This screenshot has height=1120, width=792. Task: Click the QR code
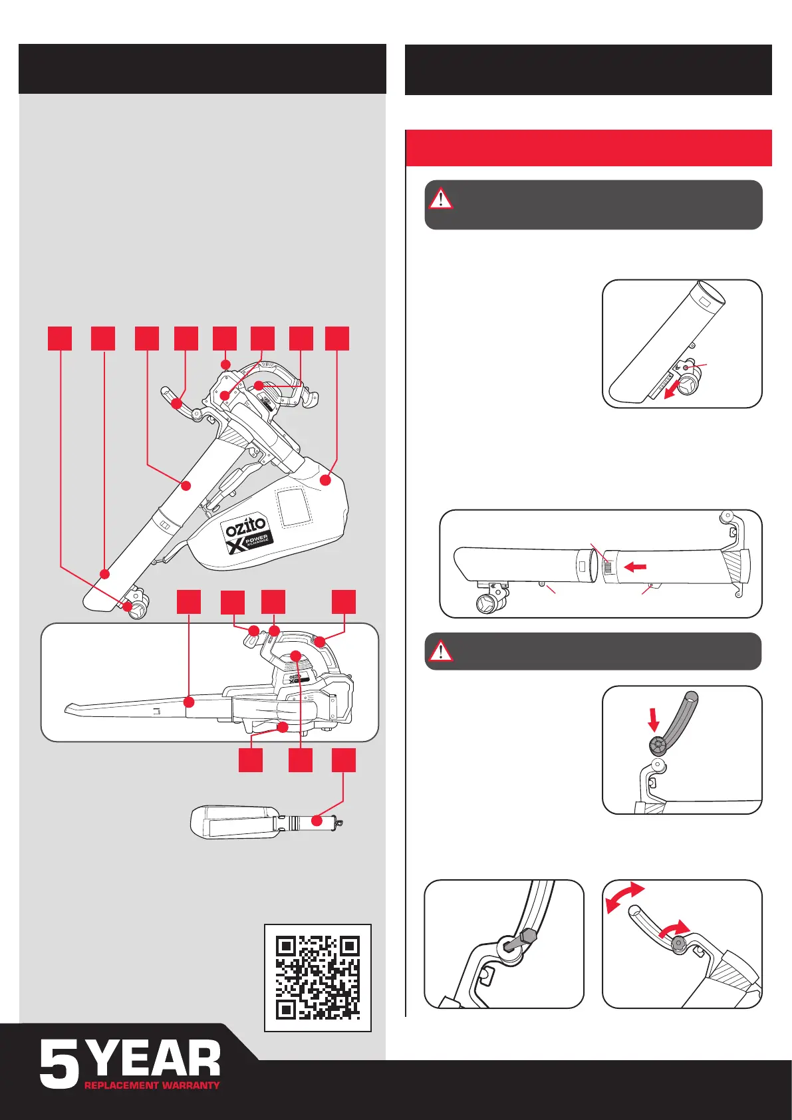point(318,978)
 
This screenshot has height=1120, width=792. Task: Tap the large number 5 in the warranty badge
point(60,1065)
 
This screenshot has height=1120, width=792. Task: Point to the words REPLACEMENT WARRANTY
point(152,1085)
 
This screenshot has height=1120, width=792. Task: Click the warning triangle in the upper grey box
point(440,199)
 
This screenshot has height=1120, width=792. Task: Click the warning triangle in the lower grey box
point(440,650)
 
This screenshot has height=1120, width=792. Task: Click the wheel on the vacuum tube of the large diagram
point(137,610)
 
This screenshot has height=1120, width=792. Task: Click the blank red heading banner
point(589,148)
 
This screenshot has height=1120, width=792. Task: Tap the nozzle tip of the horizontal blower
point(70,708)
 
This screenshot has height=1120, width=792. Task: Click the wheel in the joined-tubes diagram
point(489,603)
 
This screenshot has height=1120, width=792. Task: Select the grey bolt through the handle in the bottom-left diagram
point(517,940)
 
